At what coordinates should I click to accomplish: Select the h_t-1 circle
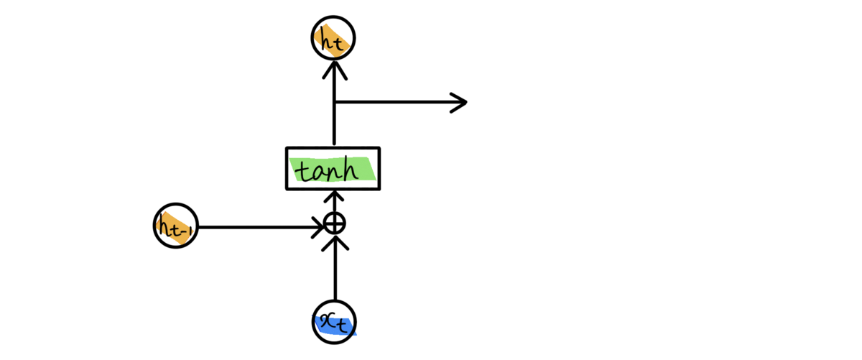point(175,227)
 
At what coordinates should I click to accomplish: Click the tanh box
point(333,169)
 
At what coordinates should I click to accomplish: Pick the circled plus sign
point(334,223)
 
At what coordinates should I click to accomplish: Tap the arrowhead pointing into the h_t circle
point(334,66)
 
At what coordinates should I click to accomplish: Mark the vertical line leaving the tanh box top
point(334,126)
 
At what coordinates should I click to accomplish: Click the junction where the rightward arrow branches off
point(334,102)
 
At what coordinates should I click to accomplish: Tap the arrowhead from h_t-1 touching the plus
point(318,229)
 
